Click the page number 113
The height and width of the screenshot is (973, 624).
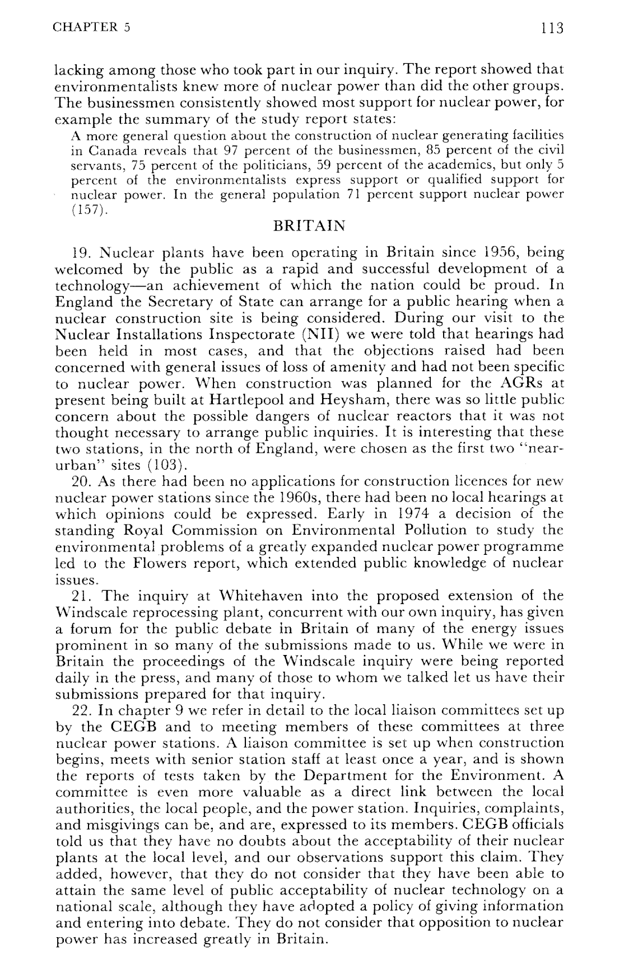(x=551, y=28)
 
